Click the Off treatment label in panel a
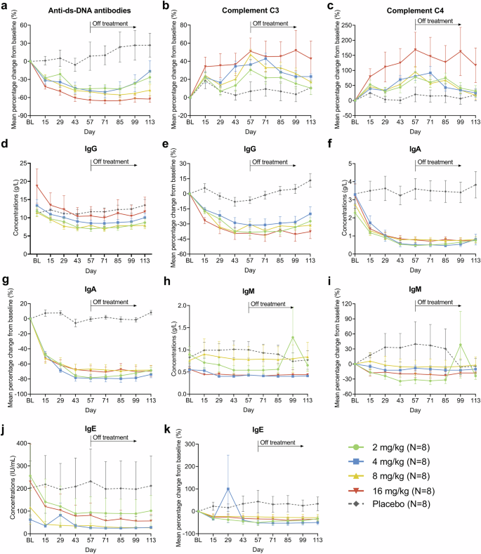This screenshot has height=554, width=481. tap(110, 24)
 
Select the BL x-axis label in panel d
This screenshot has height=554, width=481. tap(35, 261)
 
